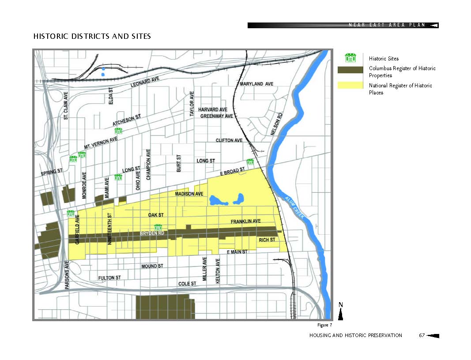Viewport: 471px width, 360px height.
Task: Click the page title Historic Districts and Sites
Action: click(92, 36)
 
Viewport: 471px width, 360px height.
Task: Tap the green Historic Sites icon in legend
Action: click(350, 58)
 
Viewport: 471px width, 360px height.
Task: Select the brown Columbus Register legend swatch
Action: click(350, 69)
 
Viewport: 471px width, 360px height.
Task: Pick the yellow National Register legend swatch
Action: click(350, 85)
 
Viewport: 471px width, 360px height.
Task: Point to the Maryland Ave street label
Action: click(256, 84)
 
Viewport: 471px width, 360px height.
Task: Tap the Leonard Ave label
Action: click(145, 82)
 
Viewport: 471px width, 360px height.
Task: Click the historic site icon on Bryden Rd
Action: click(158, 227)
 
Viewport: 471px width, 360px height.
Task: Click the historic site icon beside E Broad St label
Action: click(250, 162)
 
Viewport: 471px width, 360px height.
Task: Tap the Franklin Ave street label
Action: click(246, 221)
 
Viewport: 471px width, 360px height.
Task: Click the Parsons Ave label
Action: click(67, 275)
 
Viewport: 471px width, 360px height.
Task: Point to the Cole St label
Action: click(187, 283)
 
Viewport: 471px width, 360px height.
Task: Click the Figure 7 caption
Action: click(324, 325)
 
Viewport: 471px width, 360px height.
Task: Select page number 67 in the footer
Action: click(422, 336)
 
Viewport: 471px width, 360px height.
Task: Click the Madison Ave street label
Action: click(189, 194)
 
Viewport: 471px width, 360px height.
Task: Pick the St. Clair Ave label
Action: click(66, 105)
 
